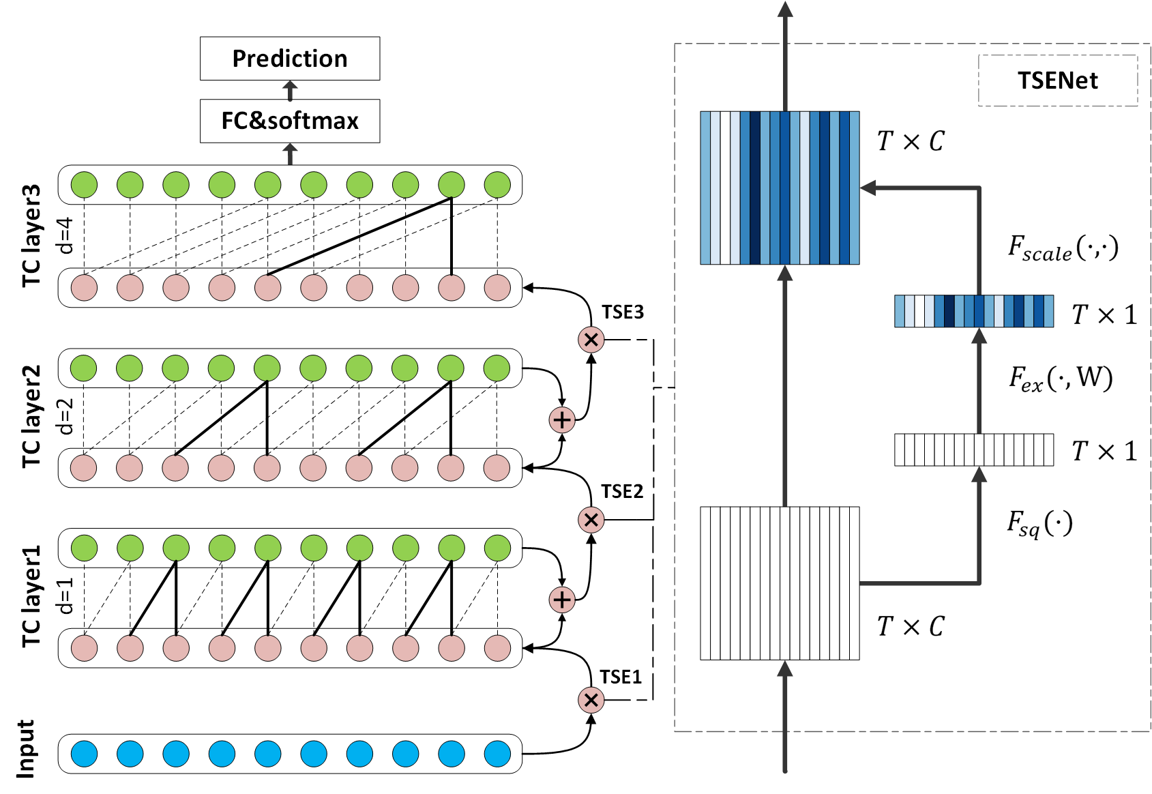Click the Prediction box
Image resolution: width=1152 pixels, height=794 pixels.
(x=290, y=59)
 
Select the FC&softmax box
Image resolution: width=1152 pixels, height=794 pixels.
(x=290, y=121)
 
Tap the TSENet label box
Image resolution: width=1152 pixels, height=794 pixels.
(x=1058, y=80)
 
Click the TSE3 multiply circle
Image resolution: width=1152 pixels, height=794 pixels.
(x=591, y=340)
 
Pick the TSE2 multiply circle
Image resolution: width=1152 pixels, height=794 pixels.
(x=591, y=519)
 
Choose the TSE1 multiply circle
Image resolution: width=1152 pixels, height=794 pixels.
(x=591, y=700)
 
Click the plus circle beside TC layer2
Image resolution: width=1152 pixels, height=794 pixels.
(x=562, y=420)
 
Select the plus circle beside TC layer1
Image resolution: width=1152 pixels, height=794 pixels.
(x=562, y=600)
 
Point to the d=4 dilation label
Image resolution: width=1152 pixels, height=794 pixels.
(x=66, y=235)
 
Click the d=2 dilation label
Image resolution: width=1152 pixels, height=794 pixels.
(x=66, y=417)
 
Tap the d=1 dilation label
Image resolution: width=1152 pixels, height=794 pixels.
(x=66, y=596)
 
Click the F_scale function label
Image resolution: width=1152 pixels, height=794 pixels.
(x=1063, y=249)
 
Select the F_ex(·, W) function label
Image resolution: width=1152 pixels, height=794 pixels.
(x=1061, y=379)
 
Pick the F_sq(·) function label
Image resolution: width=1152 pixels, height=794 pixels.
(x=1039, y=524)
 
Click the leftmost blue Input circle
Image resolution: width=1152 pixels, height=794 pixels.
(x=85, y=754)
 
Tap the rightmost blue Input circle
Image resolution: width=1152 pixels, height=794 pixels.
(x=497, y=754)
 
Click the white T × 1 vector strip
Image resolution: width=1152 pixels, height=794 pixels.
(x=974, y=450)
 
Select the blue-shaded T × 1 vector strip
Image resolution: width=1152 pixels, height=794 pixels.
(x=974, y=311)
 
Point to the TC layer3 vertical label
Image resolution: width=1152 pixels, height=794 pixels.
(x=31, y=235)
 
